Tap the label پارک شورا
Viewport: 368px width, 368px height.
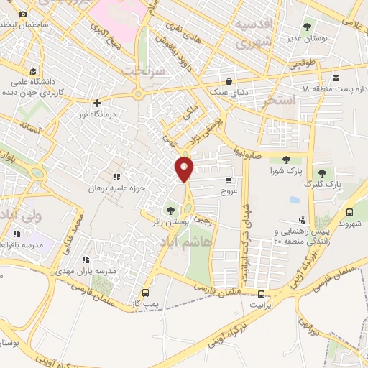pyautogui.click(x=286, y=171)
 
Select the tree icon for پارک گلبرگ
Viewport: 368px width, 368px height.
pyautogui.click(x=322, y=172)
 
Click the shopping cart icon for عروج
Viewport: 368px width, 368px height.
pyautogui.click(x=229, y=180)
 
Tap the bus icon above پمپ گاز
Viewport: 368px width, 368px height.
pyautogui.click(x=147, y=293)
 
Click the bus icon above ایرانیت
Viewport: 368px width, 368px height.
pyautogui.click(x=261, y=293)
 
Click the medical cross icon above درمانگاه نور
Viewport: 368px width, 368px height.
pyautogui.click(x=96, y=102)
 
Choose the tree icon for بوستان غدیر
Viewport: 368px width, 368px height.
pyautogui.click(x=307, y=27)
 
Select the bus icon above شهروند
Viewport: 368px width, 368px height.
pyautogui.click(x=349, y=213)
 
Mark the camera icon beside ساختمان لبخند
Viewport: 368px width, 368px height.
pyautogui.click(x=23, y=14)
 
